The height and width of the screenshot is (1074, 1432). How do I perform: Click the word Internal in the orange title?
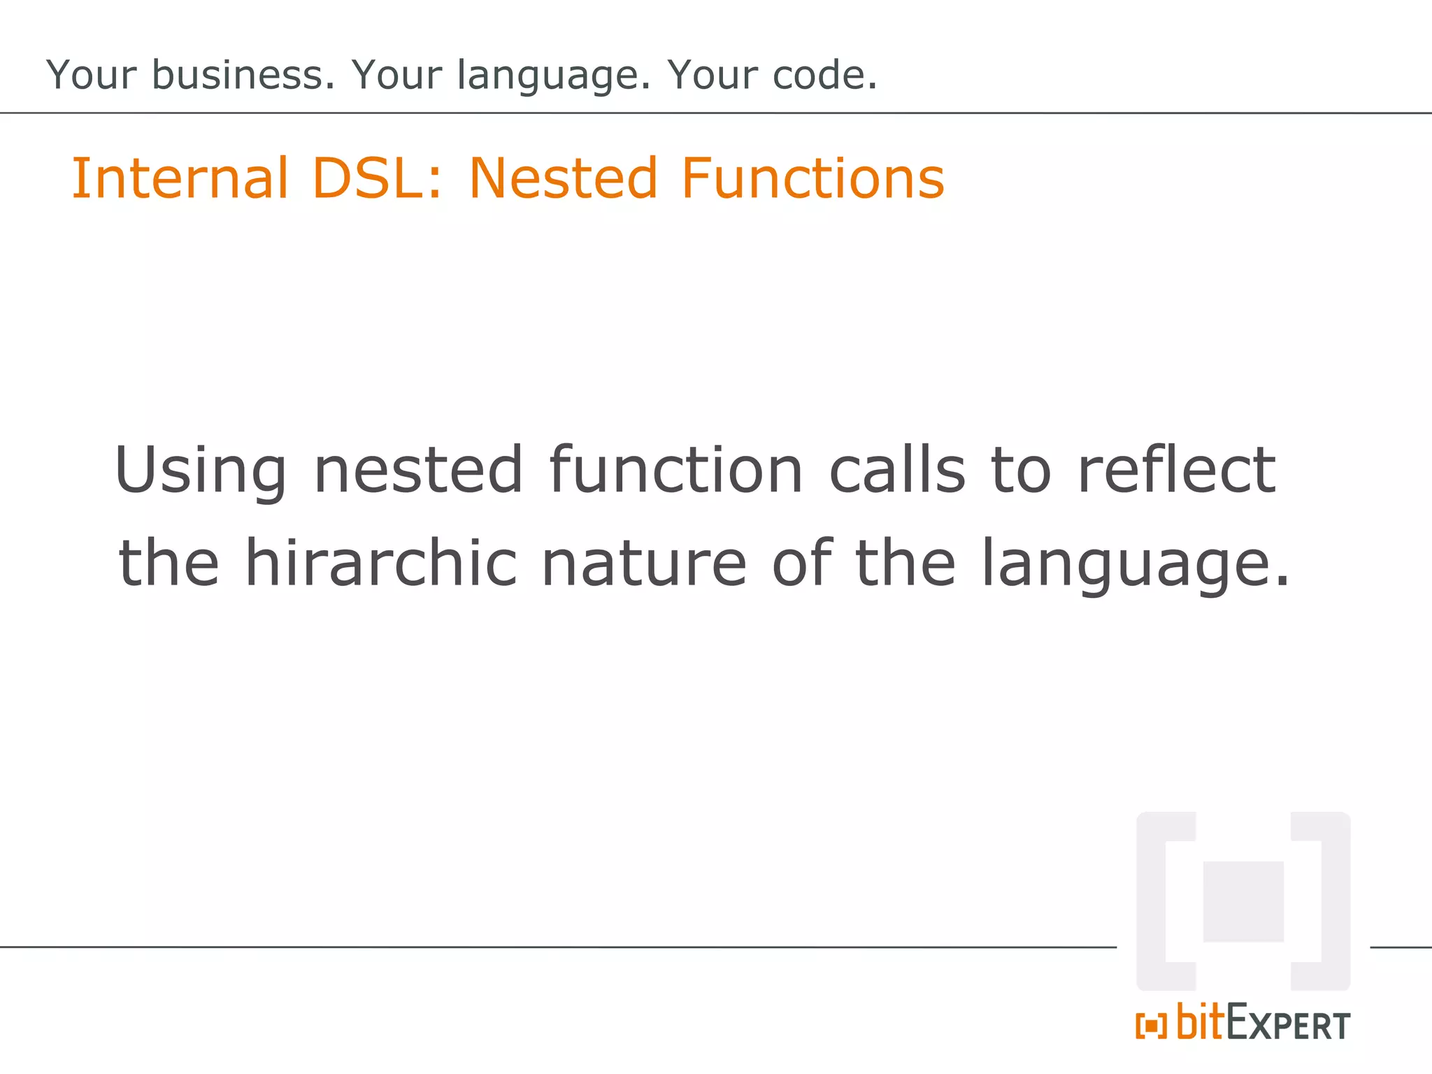(180, 178)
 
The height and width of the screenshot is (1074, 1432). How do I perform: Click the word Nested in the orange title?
(563, 178)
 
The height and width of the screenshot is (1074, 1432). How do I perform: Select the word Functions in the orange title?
(812, 178)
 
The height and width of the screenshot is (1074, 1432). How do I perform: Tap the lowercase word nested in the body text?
(418, 470)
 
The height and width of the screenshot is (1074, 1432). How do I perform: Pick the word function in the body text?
(675, 470)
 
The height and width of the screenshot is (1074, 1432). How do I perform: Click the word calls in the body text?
(897, 470)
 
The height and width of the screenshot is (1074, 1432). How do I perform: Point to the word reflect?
(1177, 470)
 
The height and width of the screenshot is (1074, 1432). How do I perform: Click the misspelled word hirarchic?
(381, 563)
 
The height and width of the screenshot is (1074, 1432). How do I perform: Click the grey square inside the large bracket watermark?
(1243, 901)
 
